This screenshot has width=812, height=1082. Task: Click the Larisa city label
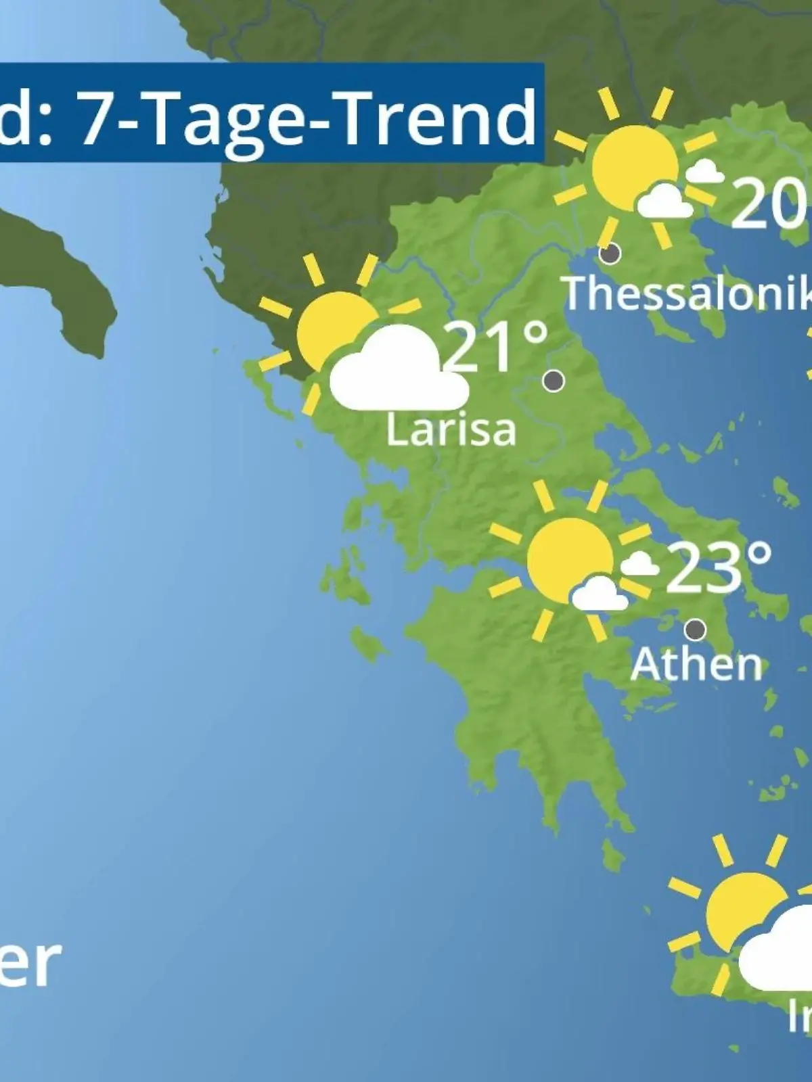[451, 430]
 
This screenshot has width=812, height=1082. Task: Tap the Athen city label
[696, 665]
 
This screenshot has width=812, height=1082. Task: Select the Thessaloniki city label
[687, 293]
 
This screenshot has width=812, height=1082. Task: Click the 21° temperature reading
[496, 348]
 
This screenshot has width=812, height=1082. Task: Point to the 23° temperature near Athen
[719, 567]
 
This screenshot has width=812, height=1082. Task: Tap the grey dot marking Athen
[695, 630]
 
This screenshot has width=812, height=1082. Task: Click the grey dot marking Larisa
[554, 381]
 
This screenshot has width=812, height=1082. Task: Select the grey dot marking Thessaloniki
[610, 254]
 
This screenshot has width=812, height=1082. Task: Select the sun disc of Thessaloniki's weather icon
[629, 165]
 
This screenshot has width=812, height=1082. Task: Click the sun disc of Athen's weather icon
[566, 559]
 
